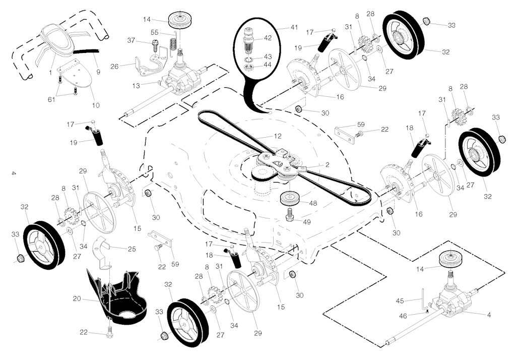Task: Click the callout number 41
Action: (294, 27)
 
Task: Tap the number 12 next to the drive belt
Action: (278, 136)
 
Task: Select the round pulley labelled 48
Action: (291, 199)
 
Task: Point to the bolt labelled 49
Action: (290, 215)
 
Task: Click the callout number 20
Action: (77, 298)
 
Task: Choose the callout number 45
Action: (400, 301)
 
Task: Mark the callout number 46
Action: (403, 316)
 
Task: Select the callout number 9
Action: (98, 72)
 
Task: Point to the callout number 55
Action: (155, 32)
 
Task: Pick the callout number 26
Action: (114, 67)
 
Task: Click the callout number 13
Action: (136, 86)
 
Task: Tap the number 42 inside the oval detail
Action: (268, 38)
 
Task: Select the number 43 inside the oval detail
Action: (268, 56)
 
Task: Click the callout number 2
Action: (327, 165)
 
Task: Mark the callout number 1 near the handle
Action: (50, 73)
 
